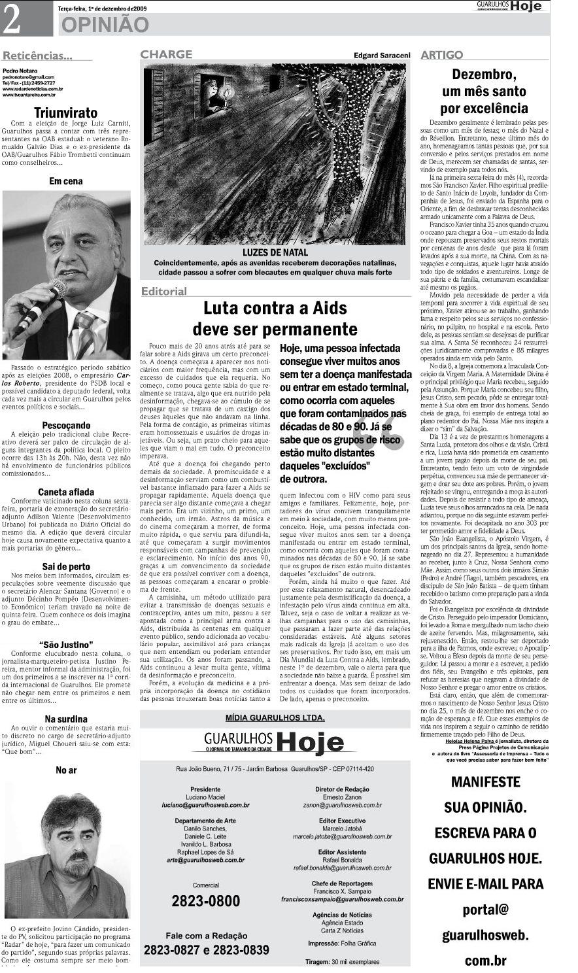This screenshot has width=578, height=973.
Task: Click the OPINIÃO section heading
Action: [x=105, y=25]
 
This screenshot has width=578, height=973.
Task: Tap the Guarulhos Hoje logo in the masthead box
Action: [x=275, y=742]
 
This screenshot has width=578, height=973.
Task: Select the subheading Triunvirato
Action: [x=65, y=112]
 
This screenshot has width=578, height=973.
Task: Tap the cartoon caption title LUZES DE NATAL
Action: [x=275, y=252]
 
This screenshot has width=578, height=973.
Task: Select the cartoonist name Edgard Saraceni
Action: [x=382, y=56]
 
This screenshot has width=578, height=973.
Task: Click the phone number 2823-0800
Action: [x=205, y=901]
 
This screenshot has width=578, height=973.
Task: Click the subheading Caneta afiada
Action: [x=66, y=492]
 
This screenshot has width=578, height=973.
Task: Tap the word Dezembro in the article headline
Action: [x=484, y=74]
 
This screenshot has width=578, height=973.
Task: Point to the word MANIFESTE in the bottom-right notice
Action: [x=485, y=782]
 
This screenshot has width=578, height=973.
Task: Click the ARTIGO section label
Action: [x=442, y=55]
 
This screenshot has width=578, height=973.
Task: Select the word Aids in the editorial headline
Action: [x=330, y=308]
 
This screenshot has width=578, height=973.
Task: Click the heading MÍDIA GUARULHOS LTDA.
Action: [x=275, y=718]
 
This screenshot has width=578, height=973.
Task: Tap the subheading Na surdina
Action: [x=66, y=719]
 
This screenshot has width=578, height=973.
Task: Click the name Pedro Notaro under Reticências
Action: [x=20, y=71]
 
